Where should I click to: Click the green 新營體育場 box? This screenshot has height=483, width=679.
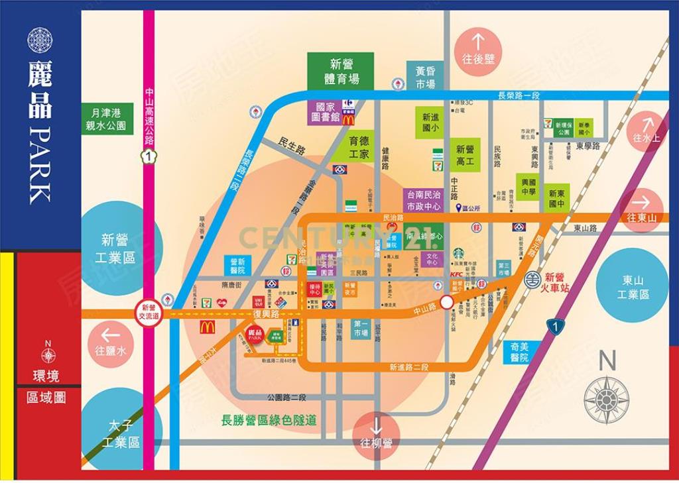pyautogui.click(x=341, y=71)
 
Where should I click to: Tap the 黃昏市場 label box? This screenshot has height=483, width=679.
pyautogui.click(x=425, y=77)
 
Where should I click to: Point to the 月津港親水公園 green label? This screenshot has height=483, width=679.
pyautogui.click(x=108, y=119)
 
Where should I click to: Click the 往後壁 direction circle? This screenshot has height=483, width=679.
pyautogui.click(x=478, y=51)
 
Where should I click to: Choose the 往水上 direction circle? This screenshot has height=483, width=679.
pyautogui.click(x=647, y=131)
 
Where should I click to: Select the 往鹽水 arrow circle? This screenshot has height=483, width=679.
pyautogui.click(x=110, y=343)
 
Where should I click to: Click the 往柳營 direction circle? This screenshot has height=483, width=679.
pyautogui.click(x=376, y=435)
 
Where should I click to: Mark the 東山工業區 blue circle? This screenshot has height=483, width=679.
pyautogui.click(x=632, y=287)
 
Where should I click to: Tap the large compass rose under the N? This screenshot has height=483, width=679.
pyautogui.click(x=606, y=400)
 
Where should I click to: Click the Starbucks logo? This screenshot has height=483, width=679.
pyautogui.click(x=458, y=253)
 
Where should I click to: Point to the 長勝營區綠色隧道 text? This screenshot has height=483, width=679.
pyautogui.click(x=269, y=420)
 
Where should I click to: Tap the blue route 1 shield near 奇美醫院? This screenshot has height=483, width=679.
pyautogui.click(x=555, y=325)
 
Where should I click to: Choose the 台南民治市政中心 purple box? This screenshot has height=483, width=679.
pyautogui.click(x=423, y=201)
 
